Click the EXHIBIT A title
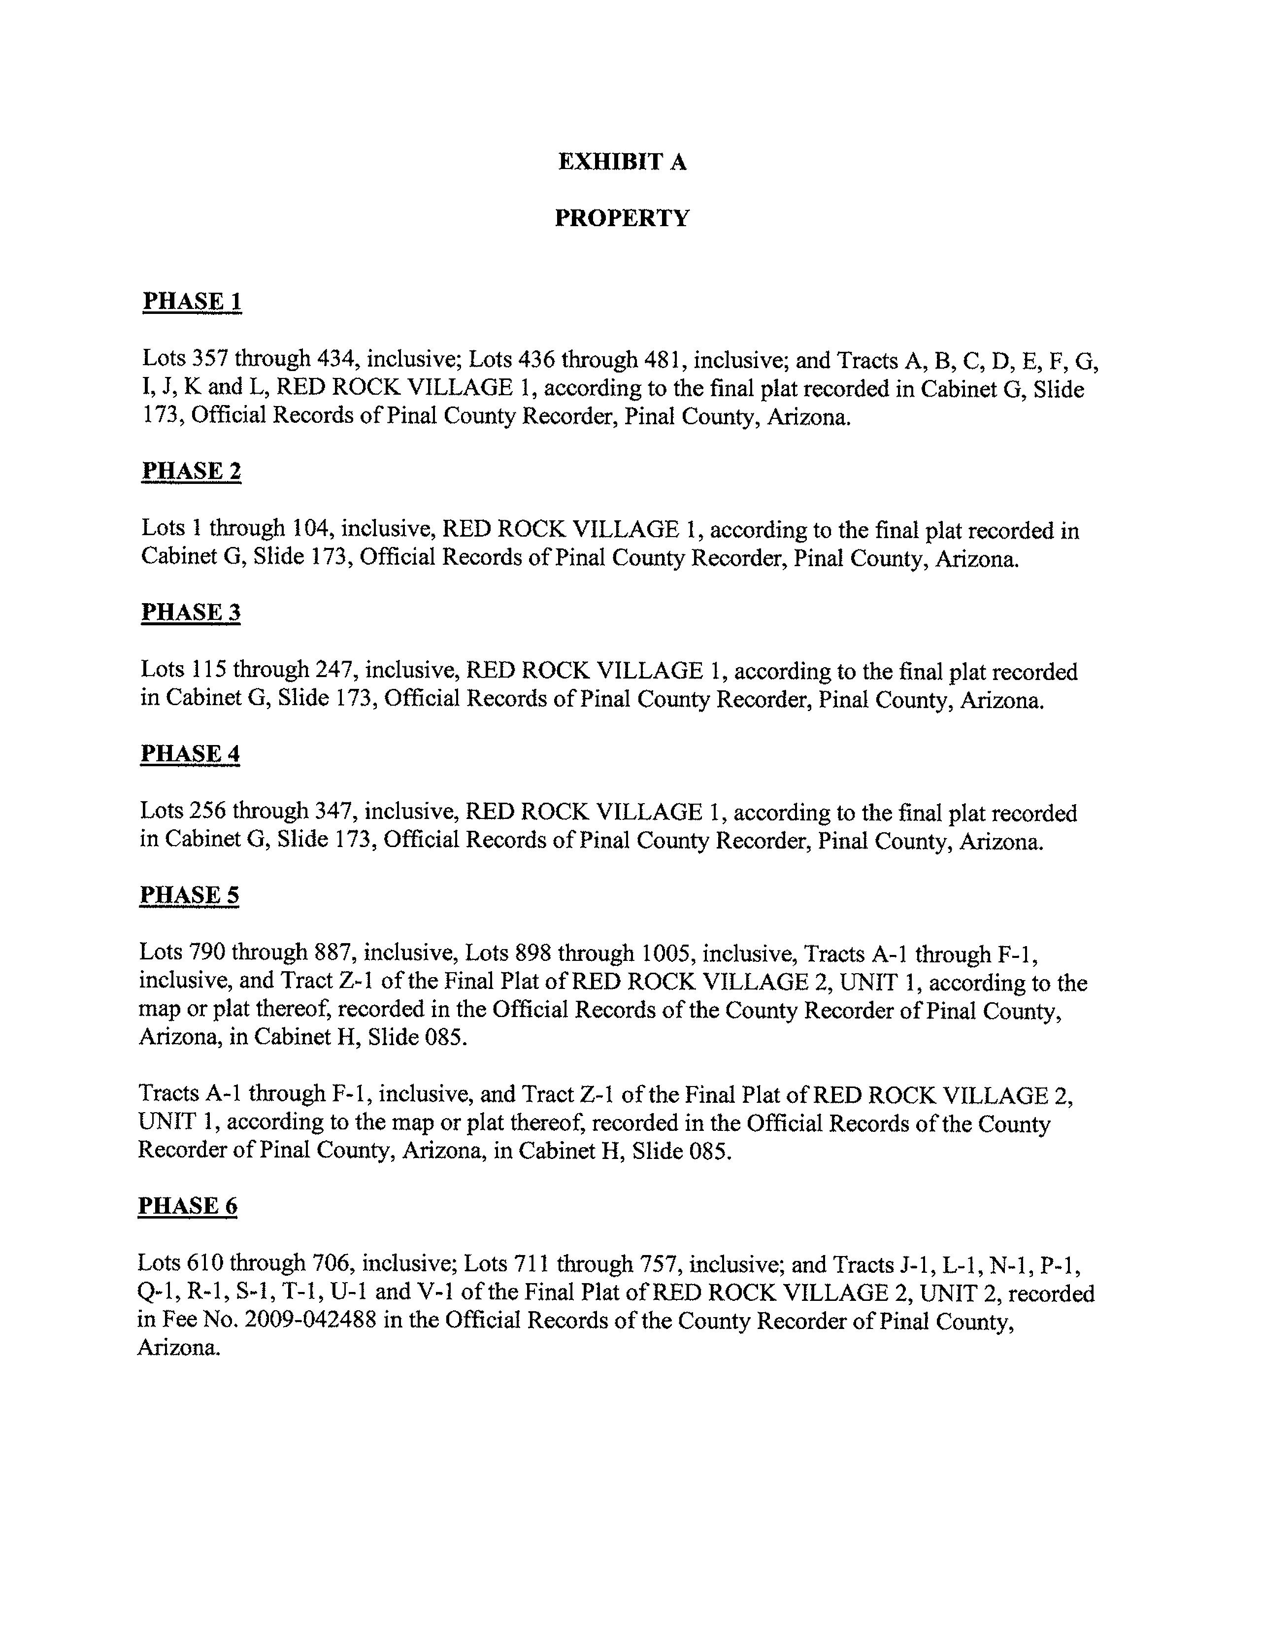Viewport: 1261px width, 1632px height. (x=622, y=162)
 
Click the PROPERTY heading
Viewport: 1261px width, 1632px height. (x=622, y=218)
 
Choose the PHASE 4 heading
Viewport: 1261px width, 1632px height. (x=190, y=753)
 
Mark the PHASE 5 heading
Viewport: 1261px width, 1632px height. (x=189, y=895)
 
